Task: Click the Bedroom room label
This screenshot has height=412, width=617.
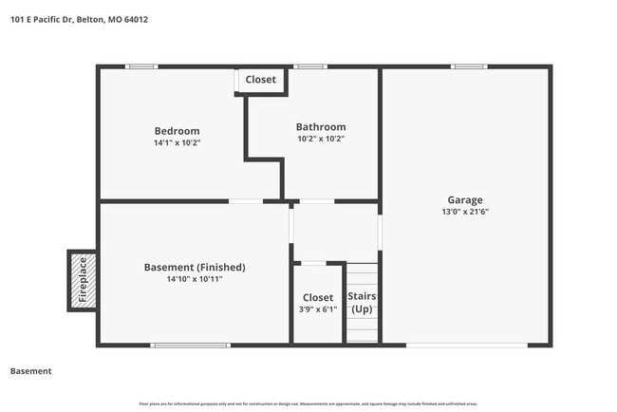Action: point(178,131)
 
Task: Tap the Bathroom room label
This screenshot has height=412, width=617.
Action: point(321,127)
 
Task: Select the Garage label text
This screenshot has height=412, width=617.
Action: point(465,200)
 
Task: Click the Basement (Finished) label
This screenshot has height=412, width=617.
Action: point(195,268)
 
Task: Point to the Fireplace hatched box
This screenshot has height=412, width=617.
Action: point(82,280)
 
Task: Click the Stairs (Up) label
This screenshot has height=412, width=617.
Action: point(362,303)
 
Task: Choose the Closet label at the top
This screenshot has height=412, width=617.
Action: point(260,80)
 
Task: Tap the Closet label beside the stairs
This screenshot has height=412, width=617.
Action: point(318,298)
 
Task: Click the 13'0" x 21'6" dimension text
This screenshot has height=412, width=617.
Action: point(465,212)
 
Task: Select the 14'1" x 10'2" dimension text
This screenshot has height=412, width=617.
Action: point(178,142)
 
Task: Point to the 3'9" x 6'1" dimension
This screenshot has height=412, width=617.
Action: point(318,309)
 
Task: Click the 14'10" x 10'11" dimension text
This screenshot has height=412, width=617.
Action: point(195,279)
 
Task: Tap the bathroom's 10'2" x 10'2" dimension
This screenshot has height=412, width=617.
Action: point(321,139)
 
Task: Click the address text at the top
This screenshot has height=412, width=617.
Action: point(79,19)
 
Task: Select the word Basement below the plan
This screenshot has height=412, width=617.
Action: point(30,371)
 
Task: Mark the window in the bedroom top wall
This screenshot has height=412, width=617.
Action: point(142,66)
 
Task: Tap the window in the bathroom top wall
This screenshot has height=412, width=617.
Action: point(310,66)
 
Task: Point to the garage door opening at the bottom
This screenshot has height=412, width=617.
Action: point(466,345)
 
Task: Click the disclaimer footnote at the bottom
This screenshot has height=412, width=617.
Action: point(308,403)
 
